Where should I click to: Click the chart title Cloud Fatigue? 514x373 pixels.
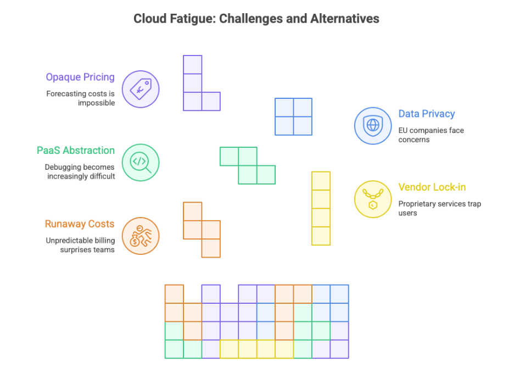click(256, 19)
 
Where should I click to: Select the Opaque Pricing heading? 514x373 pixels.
click(80, 77)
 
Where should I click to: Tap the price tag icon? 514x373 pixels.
click(140, 88)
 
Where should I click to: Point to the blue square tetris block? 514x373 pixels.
click(293, 116)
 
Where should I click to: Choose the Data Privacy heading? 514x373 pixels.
click(426, 114)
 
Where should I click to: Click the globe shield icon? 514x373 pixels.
click(372, 125)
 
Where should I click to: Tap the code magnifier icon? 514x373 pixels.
click(140, 162)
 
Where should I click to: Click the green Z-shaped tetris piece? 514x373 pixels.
click(248, 165)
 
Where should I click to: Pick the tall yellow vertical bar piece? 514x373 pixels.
click(321, 208)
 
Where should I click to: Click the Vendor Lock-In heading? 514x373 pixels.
click(432, 187)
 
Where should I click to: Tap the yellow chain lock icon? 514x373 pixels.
click(372, 199)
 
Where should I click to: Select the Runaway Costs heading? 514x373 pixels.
click(79, 224)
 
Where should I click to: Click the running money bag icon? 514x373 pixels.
click(140, 236)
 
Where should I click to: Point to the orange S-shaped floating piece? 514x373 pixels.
click(202, 230)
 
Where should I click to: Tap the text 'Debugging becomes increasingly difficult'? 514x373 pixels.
click(80, 171)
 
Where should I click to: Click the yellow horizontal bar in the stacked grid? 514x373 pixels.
click(256, 349)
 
